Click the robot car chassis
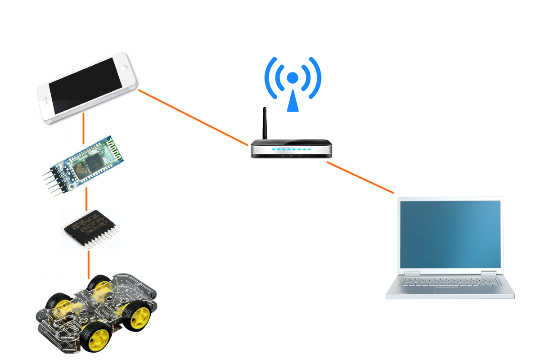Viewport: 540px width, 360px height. pos(96,310)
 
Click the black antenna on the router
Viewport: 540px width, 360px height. pos(265,124)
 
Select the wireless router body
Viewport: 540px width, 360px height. pos(291,148)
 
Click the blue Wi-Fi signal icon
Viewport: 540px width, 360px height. pos(293,83)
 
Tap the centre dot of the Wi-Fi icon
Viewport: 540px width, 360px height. pos(293,78)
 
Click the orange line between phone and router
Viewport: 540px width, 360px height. pos(193,117)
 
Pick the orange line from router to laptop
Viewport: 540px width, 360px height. pos(360,178)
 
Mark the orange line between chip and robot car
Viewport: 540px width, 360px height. pos(89,264)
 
